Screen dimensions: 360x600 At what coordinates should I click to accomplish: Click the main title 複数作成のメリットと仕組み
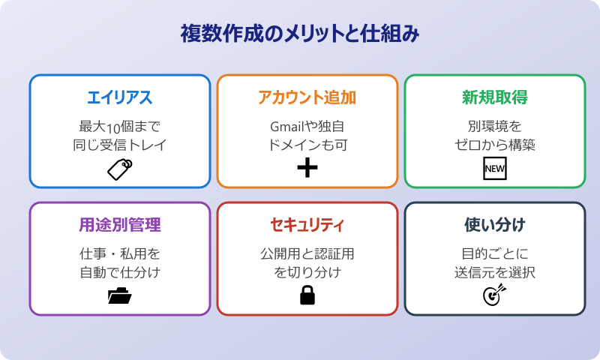coord(300,34)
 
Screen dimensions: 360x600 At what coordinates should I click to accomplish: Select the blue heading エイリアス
coord(120,97)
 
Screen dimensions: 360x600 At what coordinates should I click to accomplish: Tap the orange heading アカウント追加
coord(307,97)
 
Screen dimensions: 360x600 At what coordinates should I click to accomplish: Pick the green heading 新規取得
coord(494,97)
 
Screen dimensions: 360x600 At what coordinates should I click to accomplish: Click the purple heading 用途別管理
coord(120,225)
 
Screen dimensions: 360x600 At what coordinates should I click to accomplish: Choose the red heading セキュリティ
coord(307,225)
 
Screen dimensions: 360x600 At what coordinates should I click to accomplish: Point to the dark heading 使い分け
coord(494,225)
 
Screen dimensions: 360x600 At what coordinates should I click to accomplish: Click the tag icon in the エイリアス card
coord(120,169)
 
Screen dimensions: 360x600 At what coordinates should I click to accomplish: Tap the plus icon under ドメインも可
coord(307,169)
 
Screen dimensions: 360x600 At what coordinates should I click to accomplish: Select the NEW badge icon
coord(494,169)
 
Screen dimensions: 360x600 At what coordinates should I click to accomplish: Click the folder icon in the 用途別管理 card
coord(120,296)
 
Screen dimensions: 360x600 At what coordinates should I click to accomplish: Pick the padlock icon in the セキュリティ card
coord(307,296)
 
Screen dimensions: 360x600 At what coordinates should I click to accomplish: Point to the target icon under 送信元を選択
coord(494,295)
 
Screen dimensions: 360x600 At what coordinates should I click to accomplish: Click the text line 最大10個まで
coord(120,125)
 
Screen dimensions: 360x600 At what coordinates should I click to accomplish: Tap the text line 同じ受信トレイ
coord(120,145)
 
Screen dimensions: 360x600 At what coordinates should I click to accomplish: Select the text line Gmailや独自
coord(307,125)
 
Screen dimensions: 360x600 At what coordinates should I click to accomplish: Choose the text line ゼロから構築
coord(494,145)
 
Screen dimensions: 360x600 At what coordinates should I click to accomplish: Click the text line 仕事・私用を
coord(120,253)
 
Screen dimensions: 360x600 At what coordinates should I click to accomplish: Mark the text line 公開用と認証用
coord(307,253)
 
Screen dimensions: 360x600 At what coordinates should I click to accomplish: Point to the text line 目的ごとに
coord(494,253)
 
